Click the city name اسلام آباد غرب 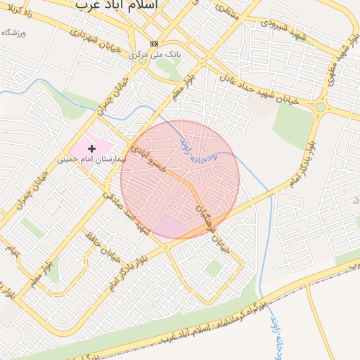tap(115, 5)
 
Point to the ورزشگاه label tap(14, 33)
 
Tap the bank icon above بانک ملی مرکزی tap(155, 43)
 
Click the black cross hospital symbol tap(91, 148)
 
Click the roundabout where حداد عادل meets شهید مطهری tap(321, 107)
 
